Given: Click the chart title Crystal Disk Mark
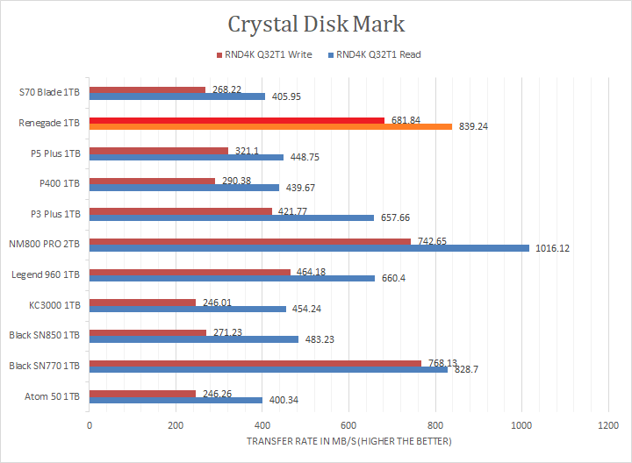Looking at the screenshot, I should tap(316, 23).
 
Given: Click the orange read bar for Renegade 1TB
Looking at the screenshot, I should tap(270, 126).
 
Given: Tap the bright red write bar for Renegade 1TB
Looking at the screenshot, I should tap(237, 119).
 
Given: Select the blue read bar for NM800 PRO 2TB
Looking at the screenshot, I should tap(309, 247).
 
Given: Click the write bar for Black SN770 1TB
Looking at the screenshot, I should tap(255, 362).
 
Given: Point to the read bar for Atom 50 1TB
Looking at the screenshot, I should tap(176, 400).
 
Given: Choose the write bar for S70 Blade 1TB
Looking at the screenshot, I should tap(147, 89).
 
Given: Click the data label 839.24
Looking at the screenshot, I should tap(473, 126).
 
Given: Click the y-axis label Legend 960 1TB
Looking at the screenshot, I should tap(46, 274).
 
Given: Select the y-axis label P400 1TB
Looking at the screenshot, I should tap(60, 183).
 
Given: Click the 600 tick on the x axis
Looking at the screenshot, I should tap(348, 425).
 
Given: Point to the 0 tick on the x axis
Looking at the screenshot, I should tap(90, 425).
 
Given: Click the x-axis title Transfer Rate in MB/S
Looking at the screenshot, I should tap(348, 441).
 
